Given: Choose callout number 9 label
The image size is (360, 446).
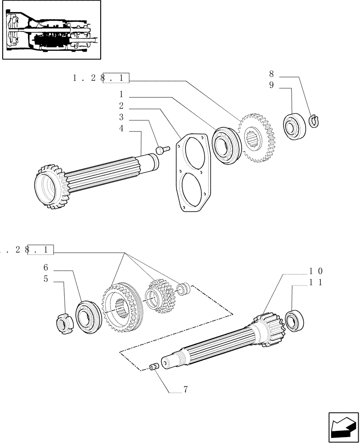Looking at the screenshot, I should coord(271,86).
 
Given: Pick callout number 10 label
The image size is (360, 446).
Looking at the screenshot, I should coord(316,271).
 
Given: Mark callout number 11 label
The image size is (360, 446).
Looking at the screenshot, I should coord(316,282).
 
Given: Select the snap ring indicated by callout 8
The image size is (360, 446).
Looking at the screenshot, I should coord(315,120).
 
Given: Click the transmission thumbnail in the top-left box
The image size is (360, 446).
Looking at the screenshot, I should coord(51,30).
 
